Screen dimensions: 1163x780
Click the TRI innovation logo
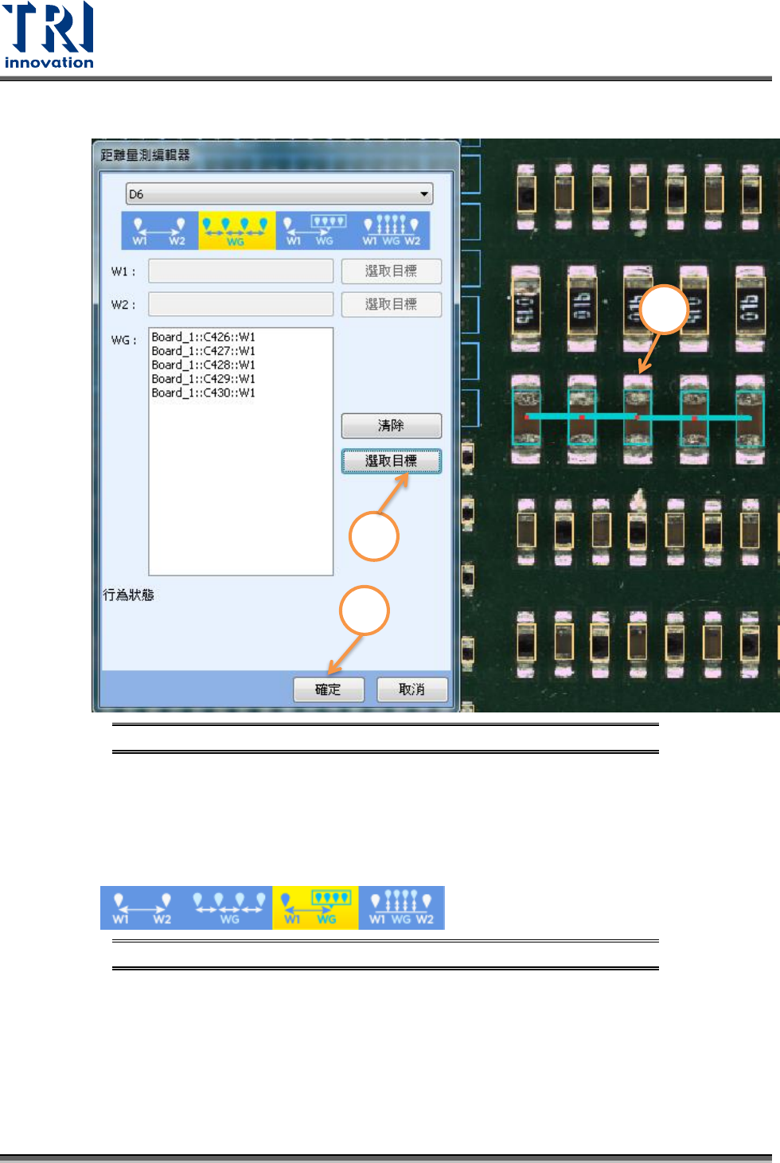[49, 36]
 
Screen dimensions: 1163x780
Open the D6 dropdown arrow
[424, 194]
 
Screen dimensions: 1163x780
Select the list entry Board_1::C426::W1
[204, 338]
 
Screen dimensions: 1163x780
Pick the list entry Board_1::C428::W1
[204, 365]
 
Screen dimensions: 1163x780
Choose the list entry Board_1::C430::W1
[204, 393]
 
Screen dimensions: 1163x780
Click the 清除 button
[391, 426]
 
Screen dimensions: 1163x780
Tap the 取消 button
[411, 689]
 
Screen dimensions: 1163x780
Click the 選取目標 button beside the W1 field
[391, 271]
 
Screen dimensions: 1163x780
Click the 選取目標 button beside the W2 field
[391, 305]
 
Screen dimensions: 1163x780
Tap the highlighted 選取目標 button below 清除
[391, 461]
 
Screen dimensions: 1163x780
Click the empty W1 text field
[240, 271]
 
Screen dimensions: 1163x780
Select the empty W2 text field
[240, 305]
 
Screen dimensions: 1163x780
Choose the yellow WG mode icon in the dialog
[236, 230]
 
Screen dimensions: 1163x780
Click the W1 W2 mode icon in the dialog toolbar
[159, 230]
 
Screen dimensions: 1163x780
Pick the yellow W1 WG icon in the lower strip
[315, 908]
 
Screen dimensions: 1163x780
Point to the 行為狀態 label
[129, 595]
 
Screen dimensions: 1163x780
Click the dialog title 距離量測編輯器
[146, 155]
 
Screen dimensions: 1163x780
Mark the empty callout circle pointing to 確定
[364, 611]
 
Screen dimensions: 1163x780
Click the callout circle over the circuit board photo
[664, 310]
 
